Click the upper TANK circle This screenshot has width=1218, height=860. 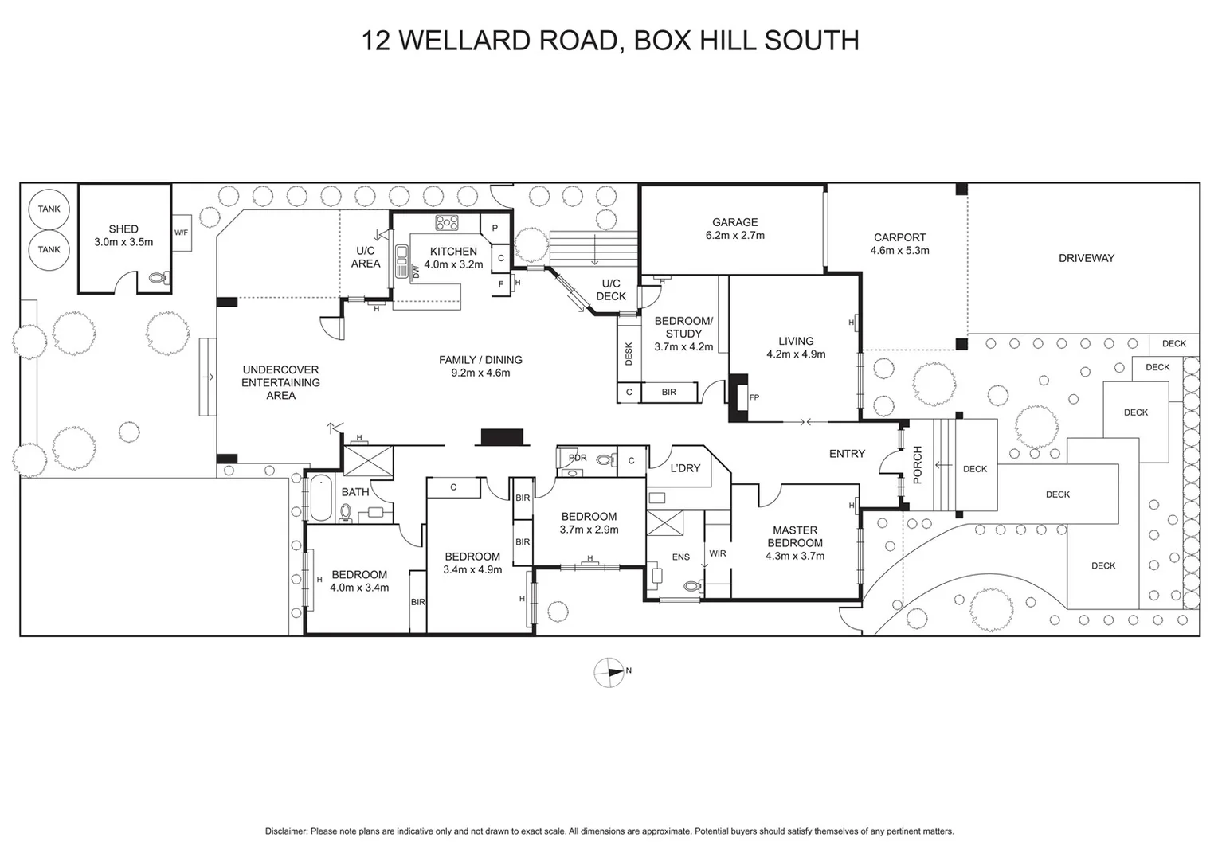click(x=49, y=209)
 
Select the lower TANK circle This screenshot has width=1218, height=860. click(x=49, y=249)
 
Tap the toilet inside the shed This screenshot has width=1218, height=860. click(x=158, y=279)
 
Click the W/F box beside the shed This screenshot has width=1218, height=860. click(x=182, y=233)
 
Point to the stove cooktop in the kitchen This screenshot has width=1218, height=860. click(x=445, y=222)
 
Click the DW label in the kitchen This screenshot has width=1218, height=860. click(x=416, y=272)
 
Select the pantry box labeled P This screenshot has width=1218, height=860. click(x=495, y=228)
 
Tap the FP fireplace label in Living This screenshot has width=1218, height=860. click(x=754, y=397)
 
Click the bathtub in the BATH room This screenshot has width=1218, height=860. click(x=319, y=497)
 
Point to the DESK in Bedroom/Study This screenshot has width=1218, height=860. click(x=629, y=354)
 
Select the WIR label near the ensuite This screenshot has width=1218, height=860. click(x=717, y=553)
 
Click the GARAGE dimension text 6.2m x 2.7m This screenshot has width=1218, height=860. click(x=734, y=236)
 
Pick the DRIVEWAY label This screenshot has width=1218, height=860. click(x=1086, y=258)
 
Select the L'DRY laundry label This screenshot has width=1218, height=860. click(x=685, y=468)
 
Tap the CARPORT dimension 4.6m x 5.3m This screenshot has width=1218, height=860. click(x=899, y=250)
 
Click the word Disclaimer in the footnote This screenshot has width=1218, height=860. click(x=286, y=831)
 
